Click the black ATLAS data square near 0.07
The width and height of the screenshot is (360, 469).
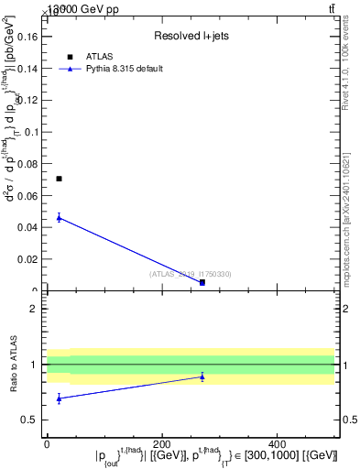(59, 179)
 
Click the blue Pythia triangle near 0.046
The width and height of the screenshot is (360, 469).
(59, 217)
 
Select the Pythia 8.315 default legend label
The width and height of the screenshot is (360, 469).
(124, 69)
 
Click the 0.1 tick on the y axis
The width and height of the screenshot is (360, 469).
(34, 132)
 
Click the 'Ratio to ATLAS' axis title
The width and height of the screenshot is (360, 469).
(14, 365)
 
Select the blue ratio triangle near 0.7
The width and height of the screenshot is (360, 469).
(59, 398)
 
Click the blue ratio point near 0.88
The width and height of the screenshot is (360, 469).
(202, 376)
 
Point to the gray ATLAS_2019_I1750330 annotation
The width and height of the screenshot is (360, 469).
(191, 274)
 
